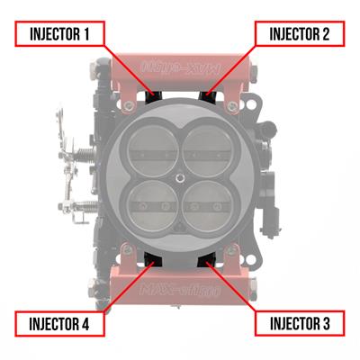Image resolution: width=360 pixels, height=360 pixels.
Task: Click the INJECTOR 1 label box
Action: coord(61,35)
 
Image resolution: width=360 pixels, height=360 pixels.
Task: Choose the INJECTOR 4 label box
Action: coord(61,322)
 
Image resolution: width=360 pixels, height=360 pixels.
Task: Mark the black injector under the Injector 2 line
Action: coord(209,94)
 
